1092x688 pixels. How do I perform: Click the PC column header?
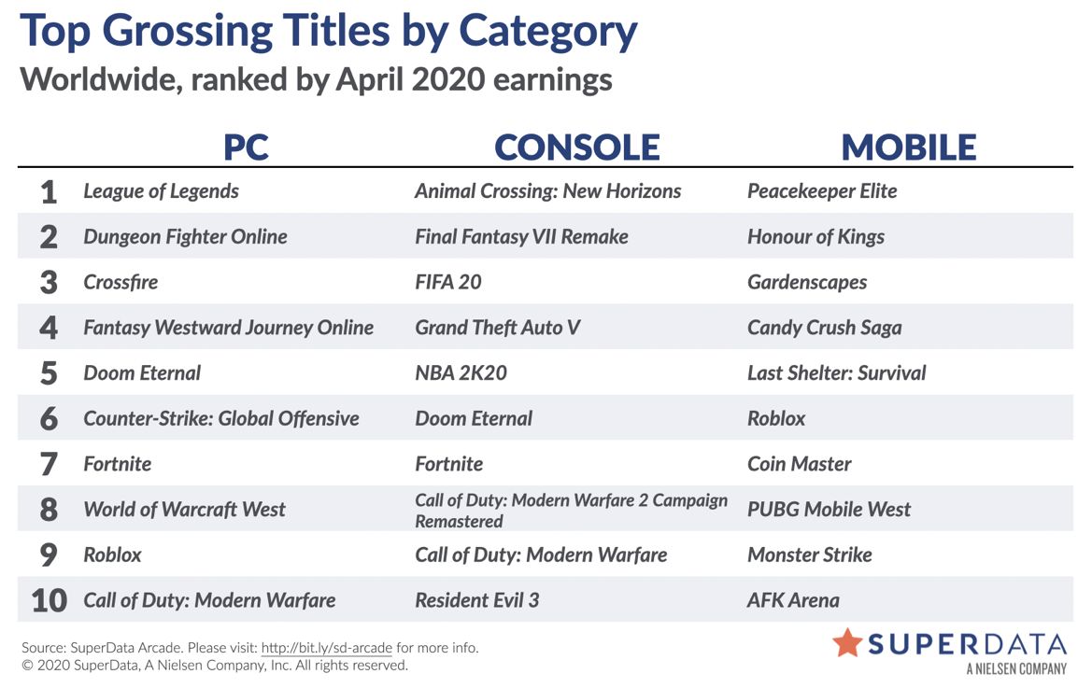(246, 147)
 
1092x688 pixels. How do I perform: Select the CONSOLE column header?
(576, 147)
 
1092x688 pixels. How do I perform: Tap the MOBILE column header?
(909, 147)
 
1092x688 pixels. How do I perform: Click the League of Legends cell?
(161, 191)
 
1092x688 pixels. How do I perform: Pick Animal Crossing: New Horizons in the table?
(548, 191)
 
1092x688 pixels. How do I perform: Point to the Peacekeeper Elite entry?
(822, 191)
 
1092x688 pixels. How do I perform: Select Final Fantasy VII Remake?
(521, 237)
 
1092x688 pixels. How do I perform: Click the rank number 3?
(49, 283)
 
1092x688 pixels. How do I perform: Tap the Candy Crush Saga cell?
(825, 328)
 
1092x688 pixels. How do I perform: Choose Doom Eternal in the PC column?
(142, 373)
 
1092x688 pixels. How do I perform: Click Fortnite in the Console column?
(449, 464)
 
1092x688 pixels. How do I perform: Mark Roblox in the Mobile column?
(776, 419)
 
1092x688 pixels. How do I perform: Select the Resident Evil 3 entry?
(477, 600)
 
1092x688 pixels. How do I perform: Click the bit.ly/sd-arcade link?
(327, 648)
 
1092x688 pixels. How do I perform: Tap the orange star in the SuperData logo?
(847, 643)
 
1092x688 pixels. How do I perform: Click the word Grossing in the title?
(188, 33)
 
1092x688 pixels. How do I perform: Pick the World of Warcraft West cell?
(185, 510)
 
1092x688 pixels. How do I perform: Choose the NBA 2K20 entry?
(461, 373)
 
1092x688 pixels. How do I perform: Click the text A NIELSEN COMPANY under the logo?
(1016, 669)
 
